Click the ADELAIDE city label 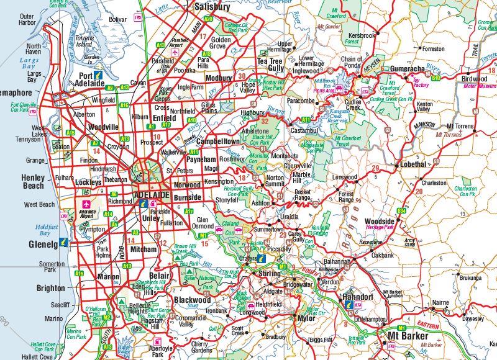pos(152,194)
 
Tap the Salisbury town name pos(212,7)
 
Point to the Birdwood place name pos(474,79)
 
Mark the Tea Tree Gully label pos(270,65)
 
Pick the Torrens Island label pos(84,42)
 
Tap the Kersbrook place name pos(362,35)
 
